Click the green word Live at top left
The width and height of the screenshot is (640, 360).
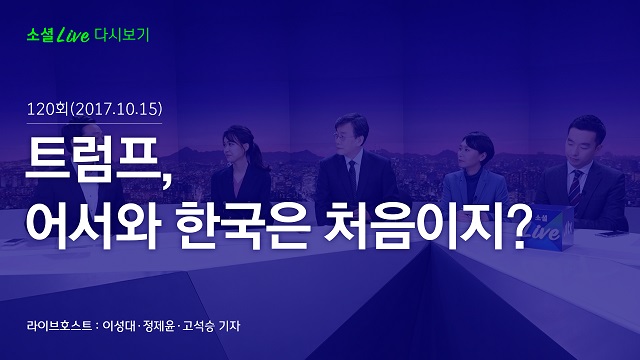(x=73, y=36)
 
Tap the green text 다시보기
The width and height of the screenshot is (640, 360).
(x=122, y=35)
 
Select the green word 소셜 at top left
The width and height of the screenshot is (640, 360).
(x=40, y=35)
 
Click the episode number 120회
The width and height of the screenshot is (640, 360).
(x=47, y=109)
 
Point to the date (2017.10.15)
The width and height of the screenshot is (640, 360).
(x=116, y=109)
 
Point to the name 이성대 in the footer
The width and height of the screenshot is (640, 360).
(x=119, y=326)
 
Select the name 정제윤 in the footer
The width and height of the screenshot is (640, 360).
(x=159, y=326)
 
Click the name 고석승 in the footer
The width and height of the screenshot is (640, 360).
(x=198, y=326)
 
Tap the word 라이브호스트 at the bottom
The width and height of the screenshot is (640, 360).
(x=59, y=326)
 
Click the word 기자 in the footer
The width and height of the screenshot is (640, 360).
(x=229, y=326)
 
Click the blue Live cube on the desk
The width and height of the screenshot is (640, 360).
(x=549, y=228)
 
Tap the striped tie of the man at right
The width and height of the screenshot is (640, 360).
(x=575, y=189)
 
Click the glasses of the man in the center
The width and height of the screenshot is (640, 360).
(x=341, y=136)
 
